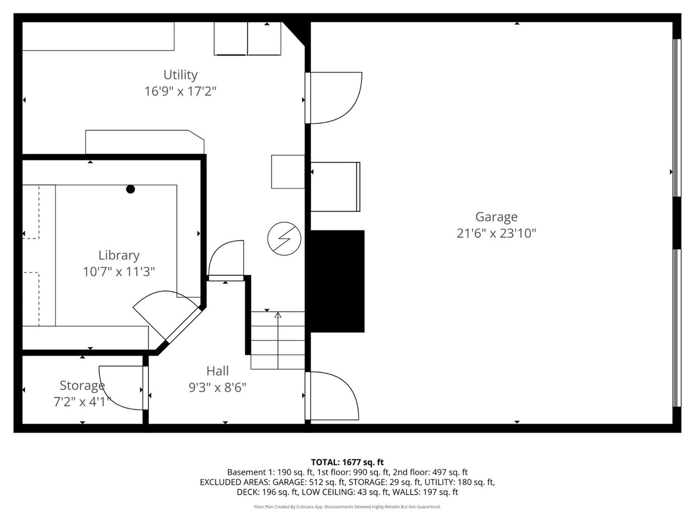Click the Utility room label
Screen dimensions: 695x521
[181, 75]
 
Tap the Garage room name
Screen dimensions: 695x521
[496, 217]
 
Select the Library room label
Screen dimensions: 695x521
[119, 256]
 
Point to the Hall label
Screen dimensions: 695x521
[217, 371]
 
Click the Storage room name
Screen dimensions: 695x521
[82, 386]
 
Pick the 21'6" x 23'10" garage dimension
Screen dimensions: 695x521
[496, 233]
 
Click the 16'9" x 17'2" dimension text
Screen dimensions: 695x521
[181, 91]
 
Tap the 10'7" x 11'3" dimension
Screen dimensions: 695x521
[119, 272]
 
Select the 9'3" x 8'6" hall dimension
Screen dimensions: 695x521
[217, 387]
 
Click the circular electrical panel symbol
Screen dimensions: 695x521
[284, 239]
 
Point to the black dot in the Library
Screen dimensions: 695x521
[131, 189]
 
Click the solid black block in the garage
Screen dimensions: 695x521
[338, 281]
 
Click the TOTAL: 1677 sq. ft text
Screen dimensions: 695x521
[347, 462]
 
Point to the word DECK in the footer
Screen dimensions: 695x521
[246, 492]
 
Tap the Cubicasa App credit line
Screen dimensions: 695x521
[347, 507]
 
